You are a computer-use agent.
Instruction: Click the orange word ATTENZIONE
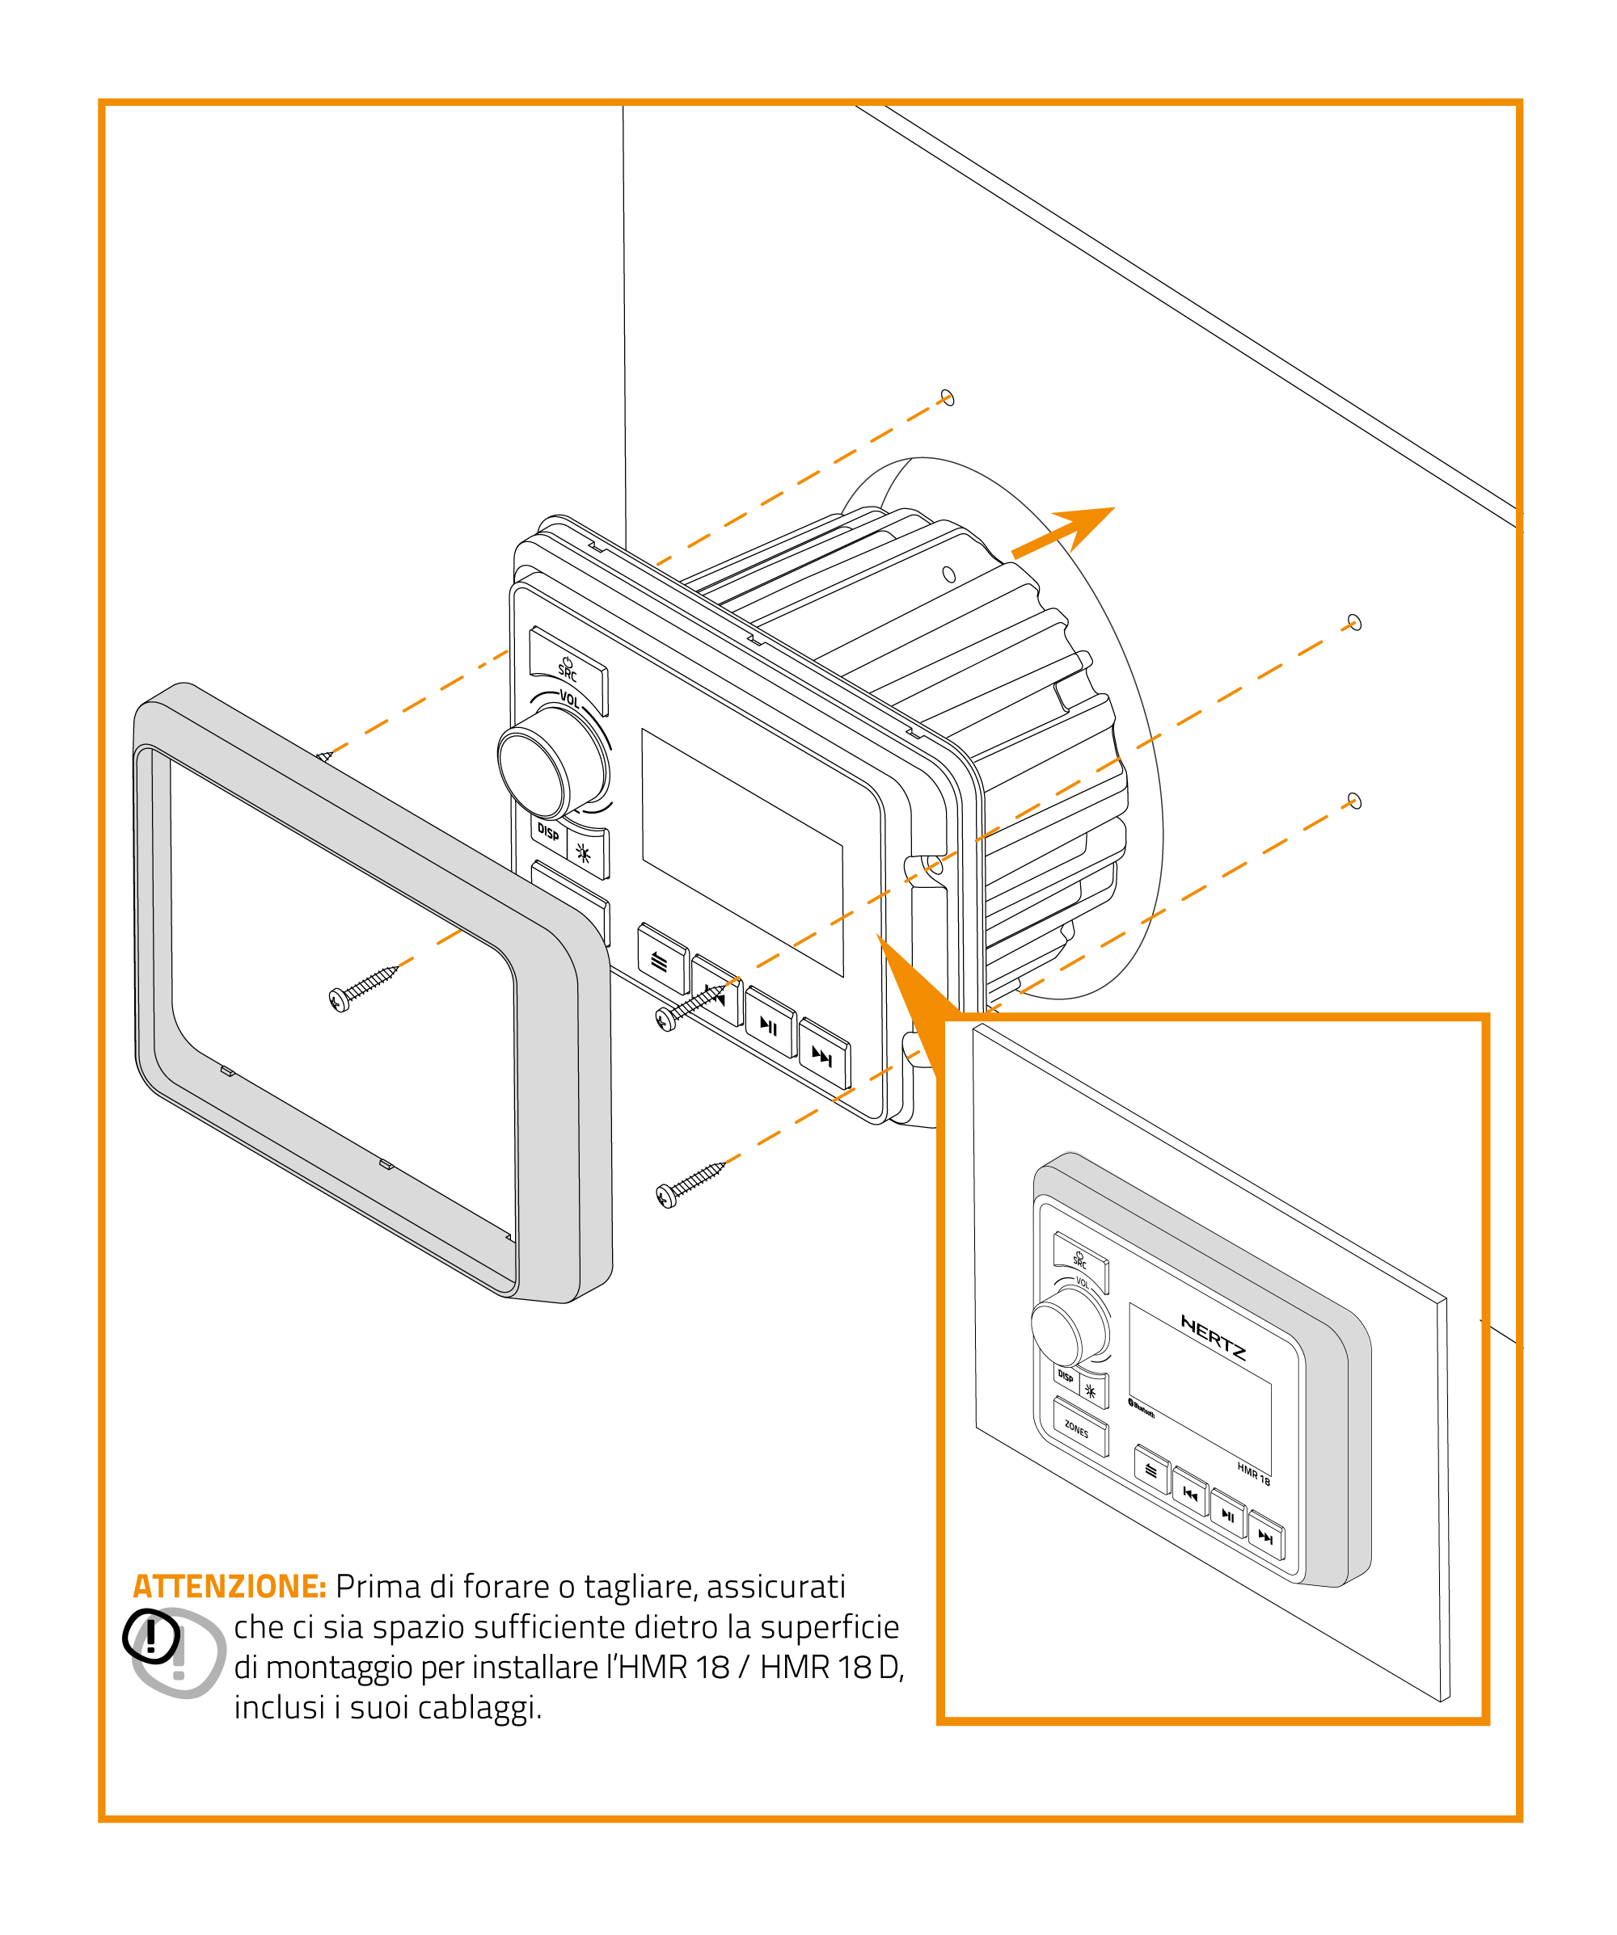point(230,1587)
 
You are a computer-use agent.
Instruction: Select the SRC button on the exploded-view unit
point(568,670)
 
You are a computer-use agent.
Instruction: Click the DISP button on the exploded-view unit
point(548,832)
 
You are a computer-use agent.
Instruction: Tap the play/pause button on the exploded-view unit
point(769,1024)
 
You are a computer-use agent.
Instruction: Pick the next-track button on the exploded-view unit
point(822,1054)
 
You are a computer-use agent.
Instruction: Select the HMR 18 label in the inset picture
point(1254,1474)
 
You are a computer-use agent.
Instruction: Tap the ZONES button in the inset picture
point(1079,1428)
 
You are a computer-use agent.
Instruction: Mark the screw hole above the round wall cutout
point(948,398)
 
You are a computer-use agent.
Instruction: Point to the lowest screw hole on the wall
point(1354,800)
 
